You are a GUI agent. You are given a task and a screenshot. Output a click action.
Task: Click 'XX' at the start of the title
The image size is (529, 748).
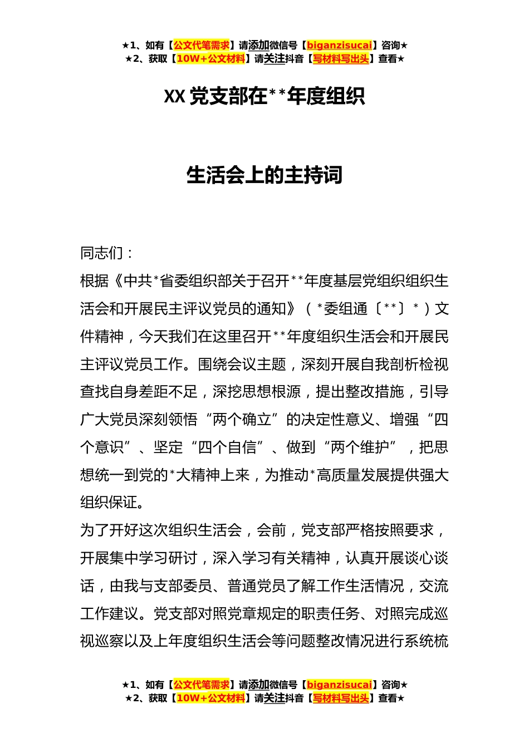click(x=174, y=97)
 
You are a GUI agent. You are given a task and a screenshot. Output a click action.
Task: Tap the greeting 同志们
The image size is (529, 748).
click(x=102, y=253)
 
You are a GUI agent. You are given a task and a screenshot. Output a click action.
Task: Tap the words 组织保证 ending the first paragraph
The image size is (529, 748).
click(x=109, y=503)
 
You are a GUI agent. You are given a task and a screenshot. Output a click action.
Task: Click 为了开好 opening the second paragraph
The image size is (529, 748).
click(x=109, y=530)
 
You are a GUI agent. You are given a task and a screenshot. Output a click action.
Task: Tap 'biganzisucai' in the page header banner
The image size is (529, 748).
click(x=339, y=46)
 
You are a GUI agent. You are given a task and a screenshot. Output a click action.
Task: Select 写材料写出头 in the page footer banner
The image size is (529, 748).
click(x=341, y=698)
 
